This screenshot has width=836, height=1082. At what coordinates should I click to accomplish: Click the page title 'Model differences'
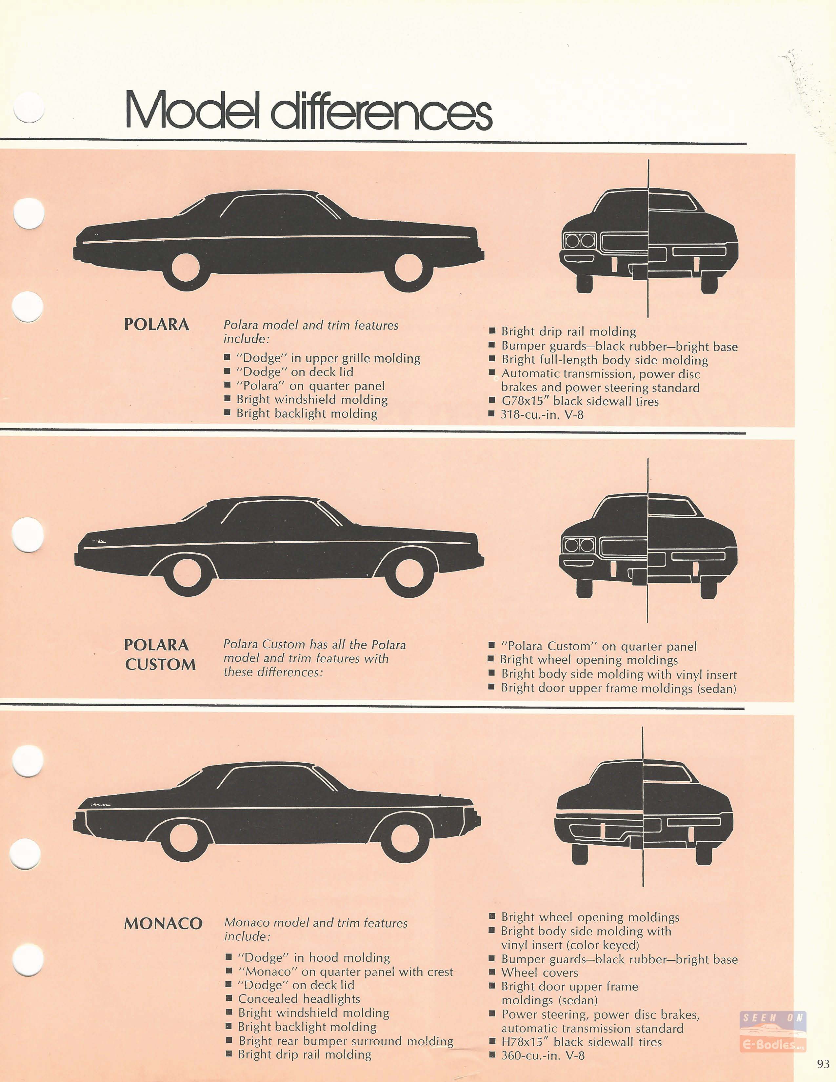tap(308, 110)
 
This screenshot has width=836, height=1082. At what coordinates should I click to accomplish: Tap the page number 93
tap(823, 1064)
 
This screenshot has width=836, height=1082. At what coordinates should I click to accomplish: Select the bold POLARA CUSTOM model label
tap(160, 654)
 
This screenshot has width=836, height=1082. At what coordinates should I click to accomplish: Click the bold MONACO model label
tap(163, 923)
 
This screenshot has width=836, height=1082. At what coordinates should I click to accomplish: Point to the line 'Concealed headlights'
tap(299, 999)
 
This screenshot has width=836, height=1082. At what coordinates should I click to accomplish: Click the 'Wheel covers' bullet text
tap(540, 972)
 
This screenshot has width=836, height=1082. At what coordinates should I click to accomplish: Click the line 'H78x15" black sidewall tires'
tap(582, 1042)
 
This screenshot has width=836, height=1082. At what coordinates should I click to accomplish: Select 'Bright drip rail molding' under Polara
tap(568, 331)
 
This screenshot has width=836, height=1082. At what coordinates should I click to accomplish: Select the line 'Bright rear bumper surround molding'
tap(346, 1041)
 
